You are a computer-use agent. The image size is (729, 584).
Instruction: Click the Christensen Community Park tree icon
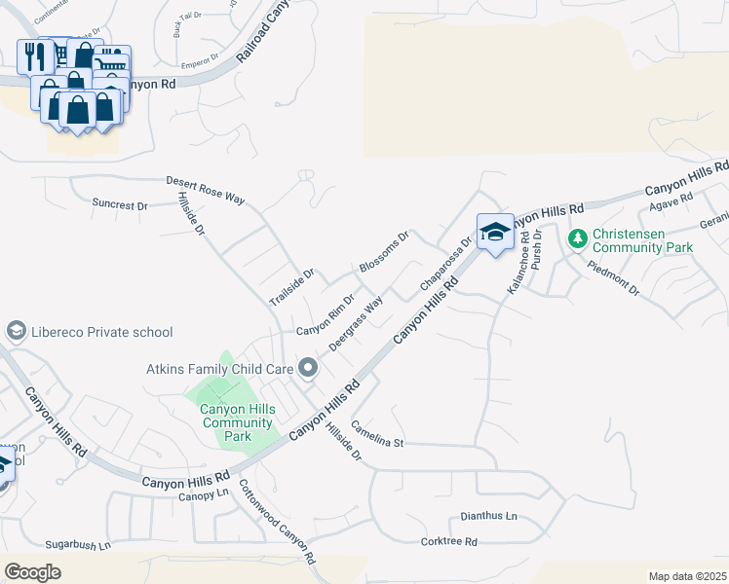pos(578,237)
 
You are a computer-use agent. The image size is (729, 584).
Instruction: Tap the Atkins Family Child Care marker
pos(308,368)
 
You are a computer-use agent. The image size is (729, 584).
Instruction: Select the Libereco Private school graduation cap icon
pos(17,332)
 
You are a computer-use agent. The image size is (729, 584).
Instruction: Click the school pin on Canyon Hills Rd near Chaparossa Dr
pos(495,233)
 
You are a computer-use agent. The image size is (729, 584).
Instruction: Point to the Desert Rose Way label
pos(205,189)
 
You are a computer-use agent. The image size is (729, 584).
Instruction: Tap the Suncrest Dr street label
pos(119,205)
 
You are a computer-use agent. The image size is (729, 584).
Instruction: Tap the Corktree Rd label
pos(448,541)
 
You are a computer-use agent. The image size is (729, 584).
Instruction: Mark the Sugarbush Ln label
pos(78,546)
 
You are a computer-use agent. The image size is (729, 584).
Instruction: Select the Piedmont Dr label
pos(613,276)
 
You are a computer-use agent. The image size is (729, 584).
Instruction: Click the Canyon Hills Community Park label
pos(236,422)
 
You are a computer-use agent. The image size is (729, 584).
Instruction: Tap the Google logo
pos(32,572)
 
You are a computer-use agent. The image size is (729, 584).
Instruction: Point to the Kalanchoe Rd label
pos(518,263)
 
